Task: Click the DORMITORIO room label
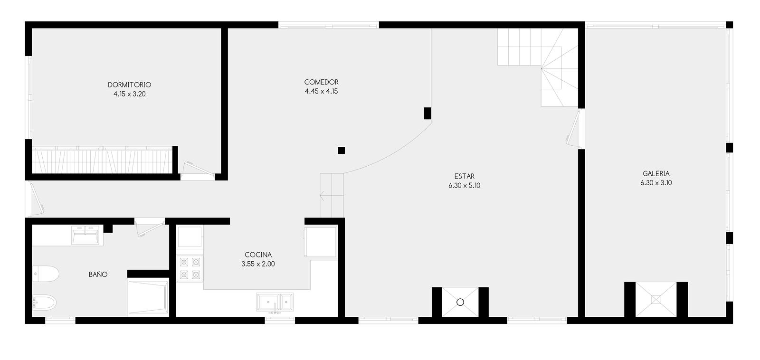click(129, 85)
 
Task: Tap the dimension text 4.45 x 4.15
click(321, 91)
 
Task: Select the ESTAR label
click(464, 176)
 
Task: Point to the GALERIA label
click(656, 173)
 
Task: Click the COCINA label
click(258, 255)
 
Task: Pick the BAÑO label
click(98, 274)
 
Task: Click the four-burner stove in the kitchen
click(190, 268)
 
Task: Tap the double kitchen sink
click(275, 302)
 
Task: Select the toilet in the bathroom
click(46, 274)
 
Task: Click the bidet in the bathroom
click(45, 303)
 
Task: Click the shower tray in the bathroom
click(148, 297)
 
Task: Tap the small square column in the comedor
click(342, 150)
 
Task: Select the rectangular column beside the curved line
click(427, 114)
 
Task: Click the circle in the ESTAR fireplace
click(460, 302)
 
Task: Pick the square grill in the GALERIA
click(656, 299)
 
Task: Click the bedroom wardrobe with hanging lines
click(102, 160)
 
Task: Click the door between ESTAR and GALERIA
click(575, 127)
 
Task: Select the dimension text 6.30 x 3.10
click(656, 183)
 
